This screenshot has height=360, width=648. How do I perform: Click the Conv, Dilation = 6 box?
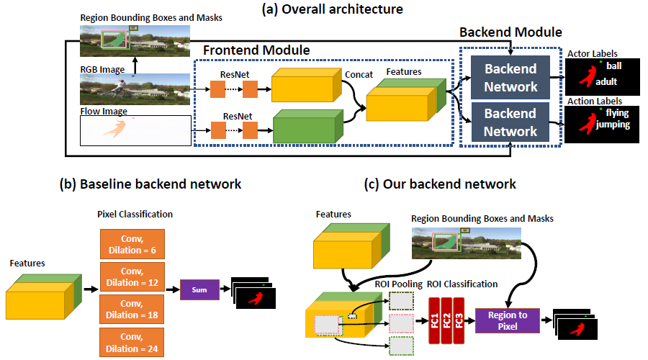[x=132, y=243]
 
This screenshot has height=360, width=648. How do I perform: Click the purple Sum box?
[x=200, y=289]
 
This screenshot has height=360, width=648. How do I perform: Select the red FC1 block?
[x=434, y=316]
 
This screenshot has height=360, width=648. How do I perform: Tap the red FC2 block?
[x=447, y=316]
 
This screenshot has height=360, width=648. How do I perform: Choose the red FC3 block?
[x=460, y=316]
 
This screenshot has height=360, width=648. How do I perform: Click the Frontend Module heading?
[x=256, y=50]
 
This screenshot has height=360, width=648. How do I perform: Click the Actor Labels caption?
[x=593, y=53]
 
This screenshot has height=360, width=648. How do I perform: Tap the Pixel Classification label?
[x=134, y=215]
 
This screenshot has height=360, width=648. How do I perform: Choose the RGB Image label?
[x=102, y=69]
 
